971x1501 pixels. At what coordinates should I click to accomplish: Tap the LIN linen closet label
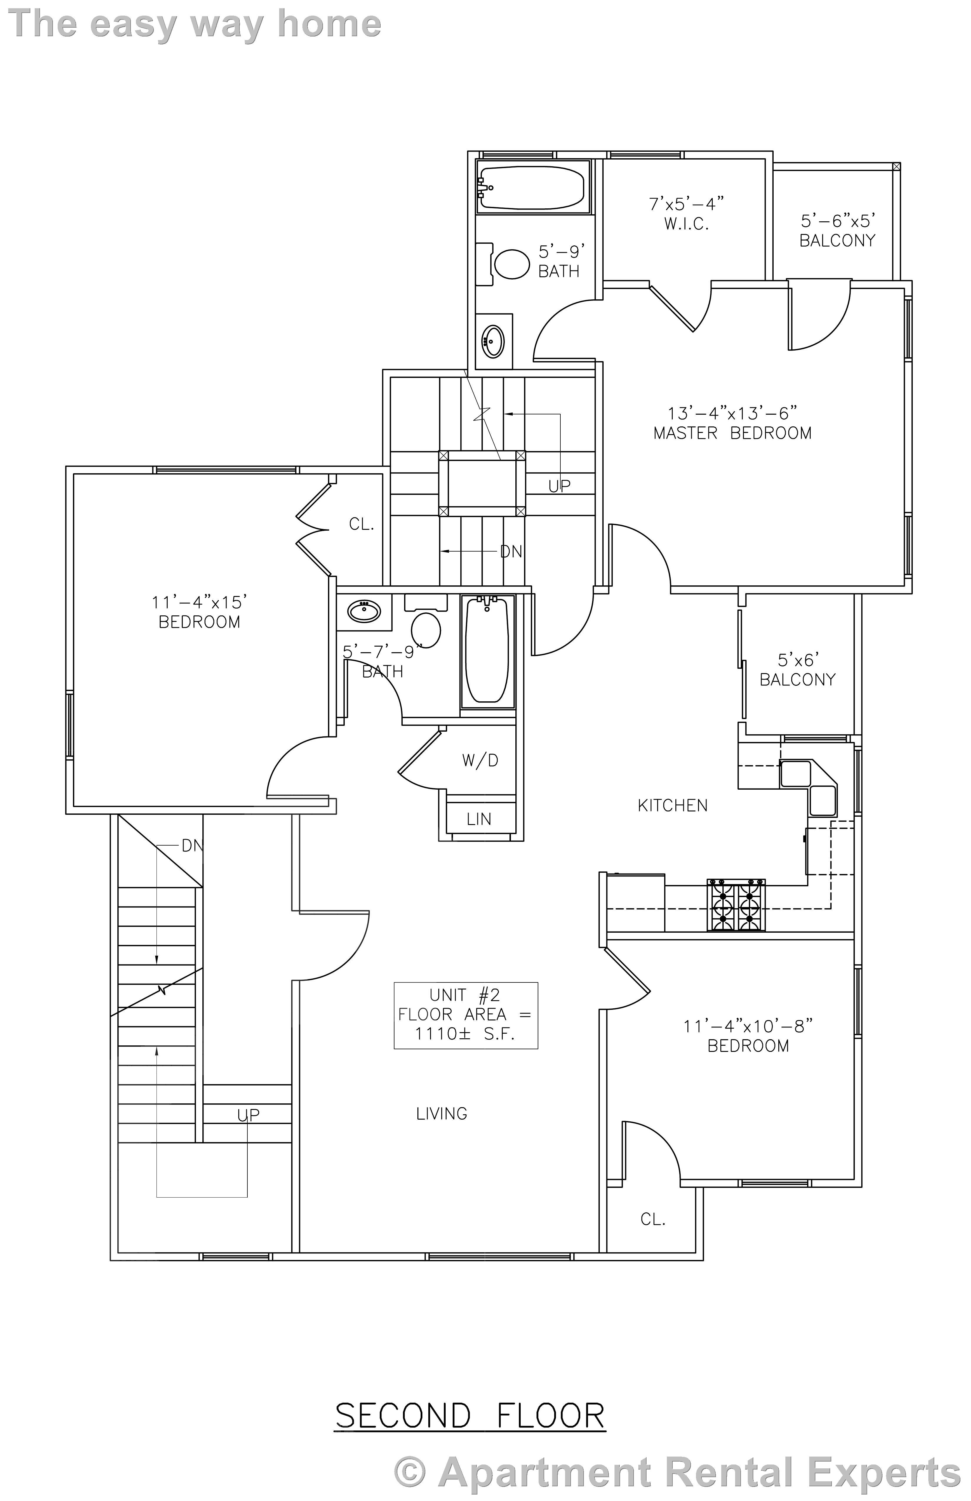click(x=479, y=819)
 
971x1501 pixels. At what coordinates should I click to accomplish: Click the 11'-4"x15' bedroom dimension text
click(x=199, y=602)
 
